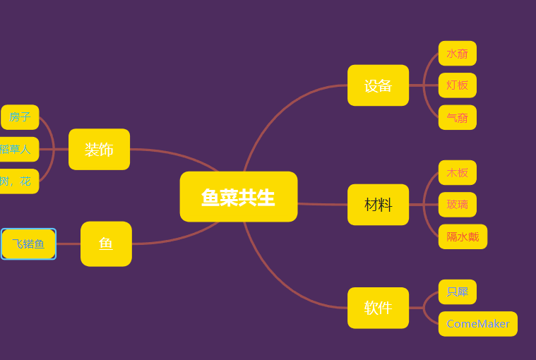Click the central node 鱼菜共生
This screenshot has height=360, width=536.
(238, 197)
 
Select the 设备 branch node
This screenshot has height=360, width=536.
(378, 85)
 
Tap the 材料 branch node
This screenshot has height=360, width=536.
(378, 205)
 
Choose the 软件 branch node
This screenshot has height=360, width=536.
(378, 308)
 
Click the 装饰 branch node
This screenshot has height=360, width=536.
(99, 149)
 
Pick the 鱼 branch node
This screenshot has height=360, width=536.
(106, 244)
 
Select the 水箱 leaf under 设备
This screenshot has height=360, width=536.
(457, 54)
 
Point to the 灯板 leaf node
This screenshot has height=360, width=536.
(457, 85)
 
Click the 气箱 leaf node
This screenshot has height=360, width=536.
(457, 117)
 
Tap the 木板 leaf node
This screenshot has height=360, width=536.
(457, 172)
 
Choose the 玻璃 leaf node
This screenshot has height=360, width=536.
(457, 205)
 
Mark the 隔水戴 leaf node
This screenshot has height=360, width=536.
(463, 236)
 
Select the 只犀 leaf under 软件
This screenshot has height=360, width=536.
(457, 292)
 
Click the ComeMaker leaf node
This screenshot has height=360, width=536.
(477, 324)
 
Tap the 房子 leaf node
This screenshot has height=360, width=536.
(20, 117)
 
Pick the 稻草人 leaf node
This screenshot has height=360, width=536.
(17, 149)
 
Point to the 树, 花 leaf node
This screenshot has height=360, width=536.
(17, 181)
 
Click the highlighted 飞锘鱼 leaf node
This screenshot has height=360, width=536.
(28, 244)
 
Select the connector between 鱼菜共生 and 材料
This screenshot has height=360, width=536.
(322, 204)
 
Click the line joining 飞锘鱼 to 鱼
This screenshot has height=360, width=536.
(68, 244)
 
